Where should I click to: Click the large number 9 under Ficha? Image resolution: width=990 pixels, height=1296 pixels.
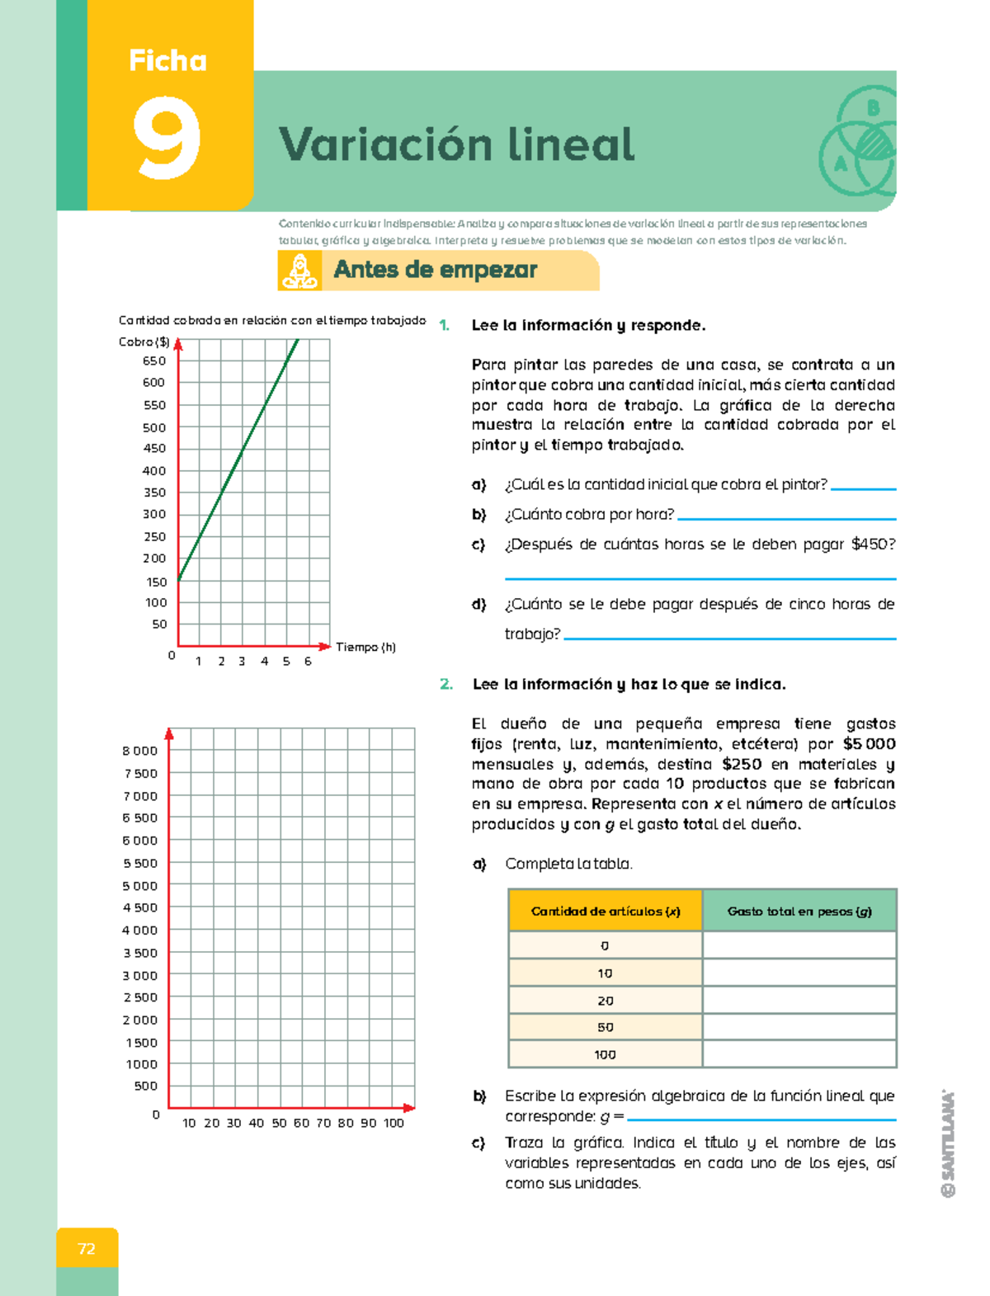(167, 138)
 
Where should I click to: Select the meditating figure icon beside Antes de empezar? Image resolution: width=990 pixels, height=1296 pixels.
(299, 271)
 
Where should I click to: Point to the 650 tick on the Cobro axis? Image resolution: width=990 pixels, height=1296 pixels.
(154, 361)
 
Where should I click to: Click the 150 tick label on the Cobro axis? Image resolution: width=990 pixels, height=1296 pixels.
(156, 582)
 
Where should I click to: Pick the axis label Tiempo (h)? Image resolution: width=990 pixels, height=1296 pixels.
(365, 647)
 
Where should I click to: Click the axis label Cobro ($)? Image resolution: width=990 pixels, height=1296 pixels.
(144, 342)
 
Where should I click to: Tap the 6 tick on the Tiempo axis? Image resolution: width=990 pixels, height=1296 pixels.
(308, 662)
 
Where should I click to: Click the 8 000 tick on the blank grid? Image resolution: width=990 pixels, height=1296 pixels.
(139, 751)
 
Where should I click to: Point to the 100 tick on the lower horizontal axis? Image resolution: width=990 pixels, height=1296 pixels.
(394, 1123)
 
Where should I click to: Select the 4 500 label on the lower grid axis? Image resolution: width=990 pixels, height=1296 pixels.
(139, 907)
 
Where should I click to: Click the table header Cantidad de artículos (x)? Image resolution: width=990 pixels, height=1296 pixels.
(606, 911)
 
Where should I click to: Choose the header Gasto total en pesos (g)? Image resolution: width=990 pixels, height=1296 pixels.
(799, 911)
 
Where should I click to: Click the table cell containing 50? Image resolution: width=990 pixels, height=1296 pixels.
(606, 1027)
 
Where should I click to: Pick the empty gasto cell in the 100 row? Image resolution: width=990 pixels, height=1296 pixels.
(799, 1054)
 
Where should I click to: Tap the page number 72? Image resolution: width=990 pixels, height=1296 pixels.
(87, 1248)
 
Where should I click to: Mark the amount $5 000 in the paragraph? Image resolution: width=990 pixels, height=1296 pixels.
(869, 743)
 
